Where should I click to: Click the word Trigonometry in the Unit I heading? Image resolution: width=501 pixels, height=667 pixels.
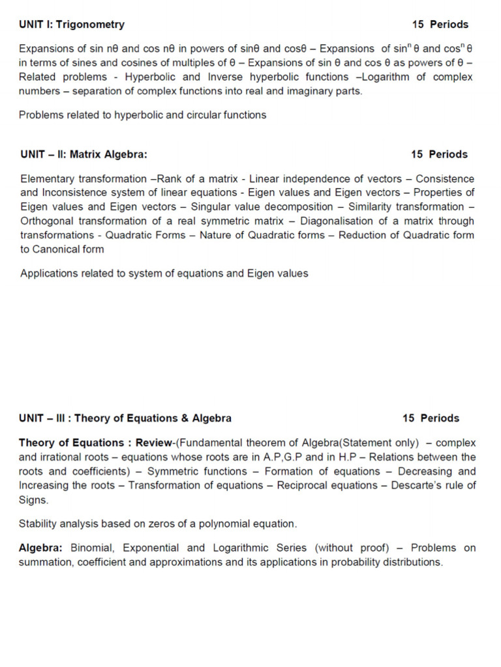click(x=90, y=25)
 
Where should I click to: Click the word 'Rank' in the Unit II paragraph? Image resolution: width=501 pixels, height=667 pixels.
click(x=169, y=179)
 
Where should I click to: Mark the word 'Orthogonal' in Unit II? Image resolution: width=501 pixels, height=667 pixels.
click(x=47, y=221)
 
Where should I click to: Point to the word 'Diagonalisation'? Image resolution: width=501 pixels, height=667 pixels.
click(x=336, y=221)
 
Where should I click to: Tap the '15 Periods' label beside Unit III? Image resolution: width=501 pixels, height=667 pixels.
click(x=431, y=418)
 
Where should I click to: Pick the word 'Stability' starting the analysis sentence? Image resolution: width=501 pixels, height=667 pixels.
click(x=38, y=524)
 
